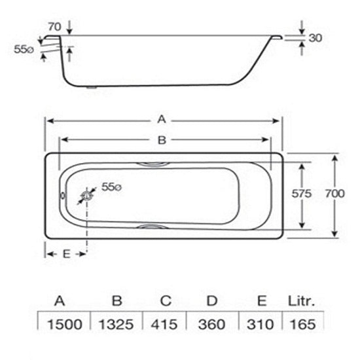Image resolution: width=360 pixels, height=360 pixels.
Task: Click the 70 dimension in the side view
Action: [x=54, y=27]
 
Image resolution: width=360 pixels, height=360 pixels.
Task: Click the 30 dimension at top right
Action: [x=315, y=38]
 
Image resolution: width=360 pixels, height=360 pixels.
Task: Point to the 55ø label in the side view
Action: [x=23, y=49]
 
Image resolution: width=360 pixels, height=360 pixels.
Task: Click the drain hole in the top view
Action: [x=88, y=195]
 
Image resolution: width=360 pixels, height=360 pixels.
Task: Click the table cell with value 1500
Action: [x=60, y=324]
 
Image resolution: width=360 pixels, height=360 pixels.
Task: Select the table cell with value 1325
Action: [x=117, y=324]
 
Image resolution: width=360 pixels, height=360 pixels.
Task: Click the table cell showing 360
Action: [x=212, y=324]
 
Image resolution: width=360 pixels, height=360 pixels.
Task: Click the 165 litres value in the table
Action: [x=302, y=324]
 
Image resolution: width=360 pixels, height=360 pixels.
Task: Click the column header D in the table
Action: [x=212, y=302]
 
